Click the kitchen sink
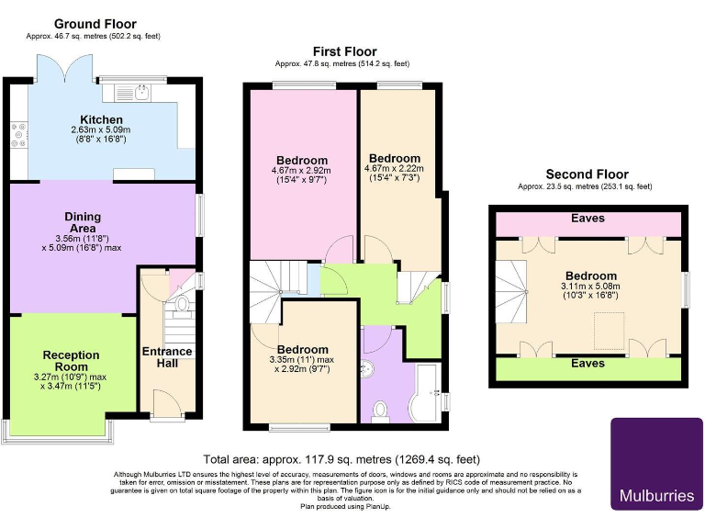click(140, 90)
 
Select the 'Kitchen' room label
click(101, 120)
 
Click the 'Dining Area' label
click(83, 221)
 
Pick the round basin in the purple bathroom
click(368, 368)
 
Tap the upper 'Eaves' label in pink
click(587, 219)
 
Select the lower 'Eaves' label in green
click(587, 364)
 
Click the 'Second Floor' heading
click(587, 174)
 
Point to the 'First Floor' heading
click(344, 51)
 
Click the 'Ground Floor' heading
click(95, 24)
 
